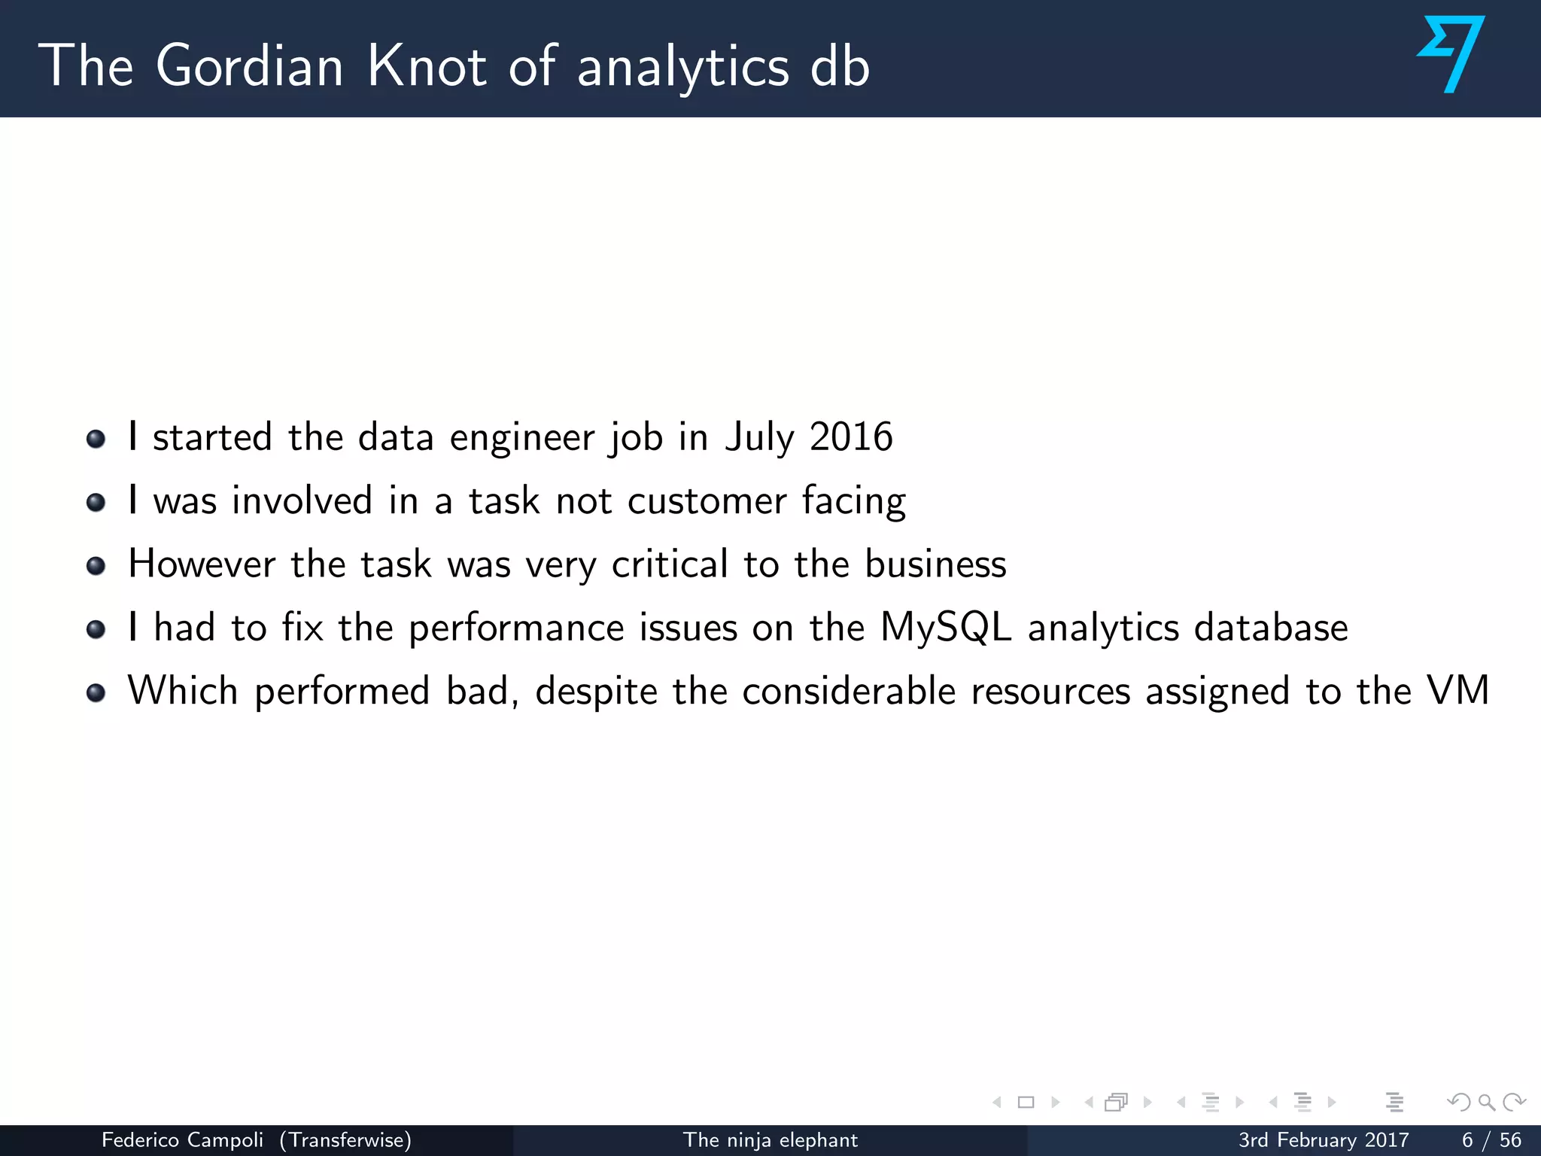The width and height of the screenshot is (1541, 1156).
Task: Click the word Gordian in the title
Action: [x=250, y=66]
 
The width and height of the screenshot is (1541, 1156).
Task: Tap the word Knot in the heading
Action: [x=427, y=66]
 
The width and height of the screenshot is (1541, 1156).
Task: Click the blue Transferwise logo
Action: [x=1451, y=54]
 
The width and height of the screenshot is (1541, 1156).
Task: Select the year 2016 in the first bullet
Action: [x=851, y=437]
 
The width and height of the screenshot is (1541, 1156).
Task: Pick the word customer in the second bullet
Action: [x=707, y=501]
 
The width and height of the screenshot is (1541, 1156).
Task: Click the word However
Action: [x=202, y=564]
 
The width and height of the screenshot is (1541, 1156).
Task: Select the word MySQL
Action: [x=946, y=628]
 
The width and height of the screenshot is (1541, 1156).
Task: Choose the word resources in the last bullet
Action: [x=1050, y=692]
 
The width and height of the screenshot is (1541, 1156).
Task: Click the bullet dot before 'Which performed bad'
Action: [x=96, y=692]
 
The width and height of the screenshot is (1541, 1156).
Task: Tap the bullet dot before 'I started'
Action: [x=96, y=438]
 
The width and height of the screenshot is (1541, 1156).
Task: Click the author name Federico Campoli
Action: [x=182, y=1140]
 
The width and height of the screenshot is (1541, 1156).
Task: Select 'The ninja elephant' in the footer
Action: [x=770, y=1140]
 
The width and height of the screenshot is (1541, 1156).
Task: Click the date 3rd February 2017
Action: [x=1323, y=1140]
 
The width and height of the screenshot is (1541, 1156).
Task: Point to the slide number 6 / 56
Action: [x=1491, y=1140]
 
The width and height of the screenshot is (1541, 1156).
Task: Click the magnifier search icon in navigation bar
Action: [x=1486, y=1103]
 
